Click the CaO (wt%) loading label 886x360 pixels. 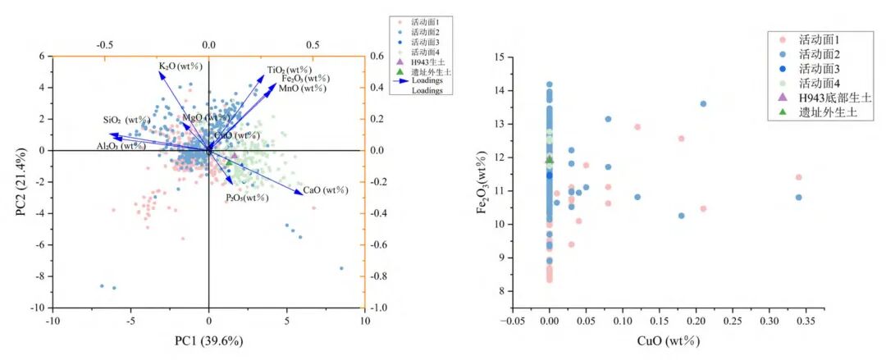(326, 190)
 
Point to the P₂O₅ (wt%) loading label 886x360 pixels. (248, 198)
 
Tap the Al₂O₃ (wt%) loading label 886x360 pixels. (121, 146)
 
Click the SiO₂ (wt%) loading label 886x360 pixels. (125, 120)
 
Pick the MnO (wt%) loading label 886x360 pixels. (302, 88)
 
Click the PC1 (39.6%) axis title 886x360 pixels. (208, 340)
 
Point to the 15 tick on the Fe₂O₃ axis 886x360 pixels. (499, 57)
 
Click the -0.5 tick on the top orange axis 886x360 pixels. (105, 46)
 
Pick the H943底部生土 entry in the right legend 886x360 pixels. (829, 98)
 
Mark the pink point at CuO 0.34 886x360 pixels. (798, 177)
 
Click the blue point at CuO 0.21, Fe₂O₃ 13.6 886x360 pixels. (703, 104)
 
